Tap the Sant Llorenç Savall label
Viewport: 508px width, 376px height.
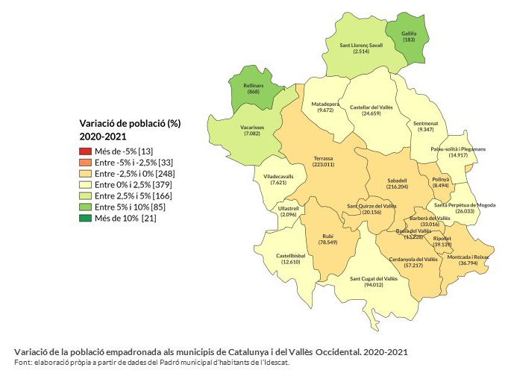pyautogui.click(x=361, y=45)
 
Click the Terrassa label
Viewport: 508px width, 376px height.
pyautogui.click(x=323, y=158)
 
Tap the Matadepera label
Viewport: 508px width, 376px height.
pyautogui.click(x=325, y=104)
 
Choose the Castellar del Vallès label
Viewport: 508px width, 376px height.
pyautogui.click(x=371, y=107)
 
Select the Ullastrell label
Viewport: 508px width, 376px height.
pyautogui.click(x=289, y=208)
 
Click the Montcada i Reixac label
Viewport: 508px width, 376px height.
pyautogui.click(x=468, y=256)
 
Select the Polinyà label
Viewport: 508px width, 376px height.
pyautogui.click(x=439, y=180)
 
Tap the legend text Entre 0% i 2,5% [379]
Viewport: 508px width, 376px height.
pyautogui.click(x=128, y=185)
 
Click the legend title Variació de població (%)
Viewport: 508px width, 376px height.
pyautogui.click(x=131, y=123)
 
